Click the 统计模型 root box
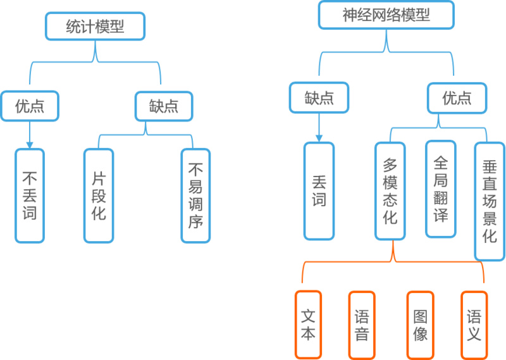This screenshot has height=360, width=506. click(96, 26)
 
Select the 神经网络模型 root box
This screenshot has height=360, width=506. click(386, 15)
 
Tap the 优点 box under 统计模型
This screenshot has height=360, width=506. click(30, 106)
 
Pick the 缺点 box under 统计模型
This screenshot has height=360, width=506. click(164, 106)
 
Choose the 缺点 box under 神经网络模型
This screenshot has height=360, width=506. click(319, 97)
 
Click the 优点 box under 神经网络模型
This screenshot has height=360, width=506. click(457, 98)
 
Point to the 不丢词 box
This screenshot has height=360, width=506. click(30, 196)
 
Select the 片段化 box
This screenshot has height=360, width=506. click(99, 196)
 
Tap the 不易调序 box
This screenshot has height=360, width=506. click(195, 196)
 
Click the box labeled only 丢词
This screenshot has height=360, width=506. click(319, 191)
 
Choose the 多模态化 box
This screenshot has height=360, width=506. click(390, 191)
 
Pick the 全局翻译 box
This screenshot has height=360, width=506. click(441, 189)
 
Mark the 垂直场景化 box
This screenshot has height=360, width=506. click(490, 201)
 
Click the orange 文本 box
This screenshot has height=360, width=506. click(308, 325)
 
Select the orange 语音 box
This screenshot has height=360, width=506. click(362, 325)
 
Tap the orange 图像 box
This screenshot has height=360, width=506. click(420, 325)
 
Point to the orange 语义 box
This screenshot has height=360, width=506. click(474, 325)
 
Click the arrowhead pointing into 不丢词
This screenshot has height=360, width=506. click(30, 145)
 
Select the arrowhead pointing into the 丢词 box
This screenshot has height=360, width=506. click(319, 139)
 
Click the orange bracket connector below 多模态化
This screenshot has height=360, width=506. click(393, 261)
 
